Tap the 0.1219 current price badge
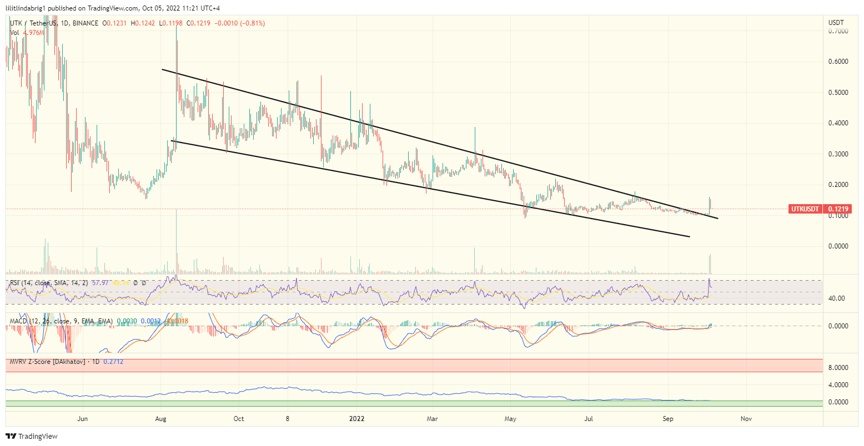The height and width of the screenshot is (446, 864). coord(838,209)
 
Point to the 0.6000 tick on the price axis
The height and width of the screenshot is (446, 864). coord(837,62)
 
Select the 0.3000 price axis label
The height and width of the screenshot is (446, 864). coord(837,154)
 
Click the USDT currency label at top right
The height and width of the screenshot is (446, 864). coord(836,23)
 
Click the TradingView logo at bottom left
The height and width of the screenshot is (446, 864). coord(32,437)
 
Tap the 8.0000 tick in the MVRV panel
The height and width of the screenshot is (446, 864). coord(837,367)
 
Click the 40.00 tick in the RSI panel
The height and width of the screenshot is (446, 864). coord(836,298)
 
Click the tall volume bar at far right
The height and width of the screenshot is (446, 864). coord(710,265)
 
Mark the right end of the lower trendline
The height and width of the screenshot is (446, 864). coord(690,237)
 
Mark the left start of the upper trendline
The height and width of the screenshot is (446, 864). coord(162,69)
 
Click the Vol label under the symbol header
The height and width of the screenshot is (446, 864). coord(14,33)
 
